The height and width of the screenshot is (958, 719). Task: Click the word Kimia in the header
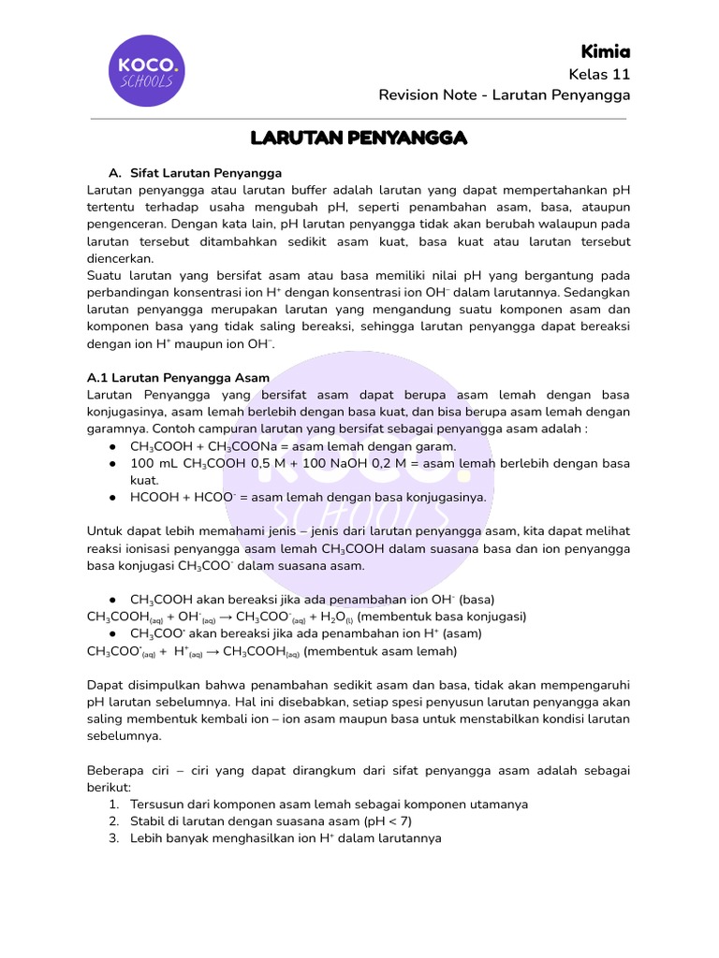tap(605, 51)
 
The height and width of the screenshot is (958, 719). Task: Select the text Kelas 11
tap(599, 74)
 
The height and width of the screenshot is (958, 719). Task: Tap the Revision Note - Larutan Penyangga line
tap(504, 95)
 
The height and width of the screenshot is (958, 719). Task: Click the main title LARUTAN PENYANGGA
tap(359, 138)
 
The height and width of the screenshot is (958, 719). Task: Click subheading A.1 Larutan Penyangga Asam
tap(178, 378)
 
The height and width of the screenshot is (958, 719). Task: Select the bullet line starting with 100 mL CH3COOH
tap(380, 463)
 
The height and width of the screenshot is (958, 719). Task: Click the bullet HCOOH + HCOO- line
tap(308, 497)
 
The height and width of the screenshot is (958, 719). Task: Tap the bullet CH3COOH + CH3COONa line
tap(293, 446)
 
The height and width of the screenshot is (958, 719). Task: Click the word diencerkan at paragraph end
tap(120, 258)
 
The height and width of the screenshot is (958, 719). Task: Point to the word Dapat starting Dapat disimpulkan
tap(103, 685)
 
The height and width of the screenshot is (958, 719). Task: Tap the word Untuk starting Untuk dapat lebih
tap(103, 531)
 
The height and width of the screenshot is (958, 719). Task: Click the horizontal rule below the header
tap(359, 119)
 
